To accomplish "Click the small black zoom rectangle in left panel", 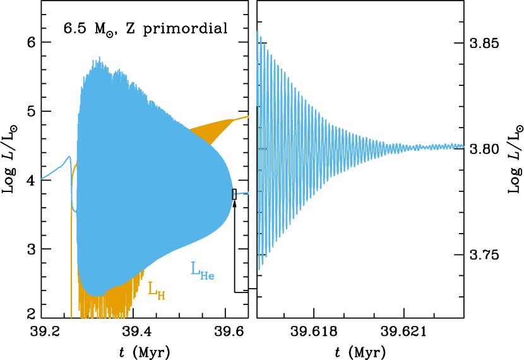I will click(234, 194).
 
